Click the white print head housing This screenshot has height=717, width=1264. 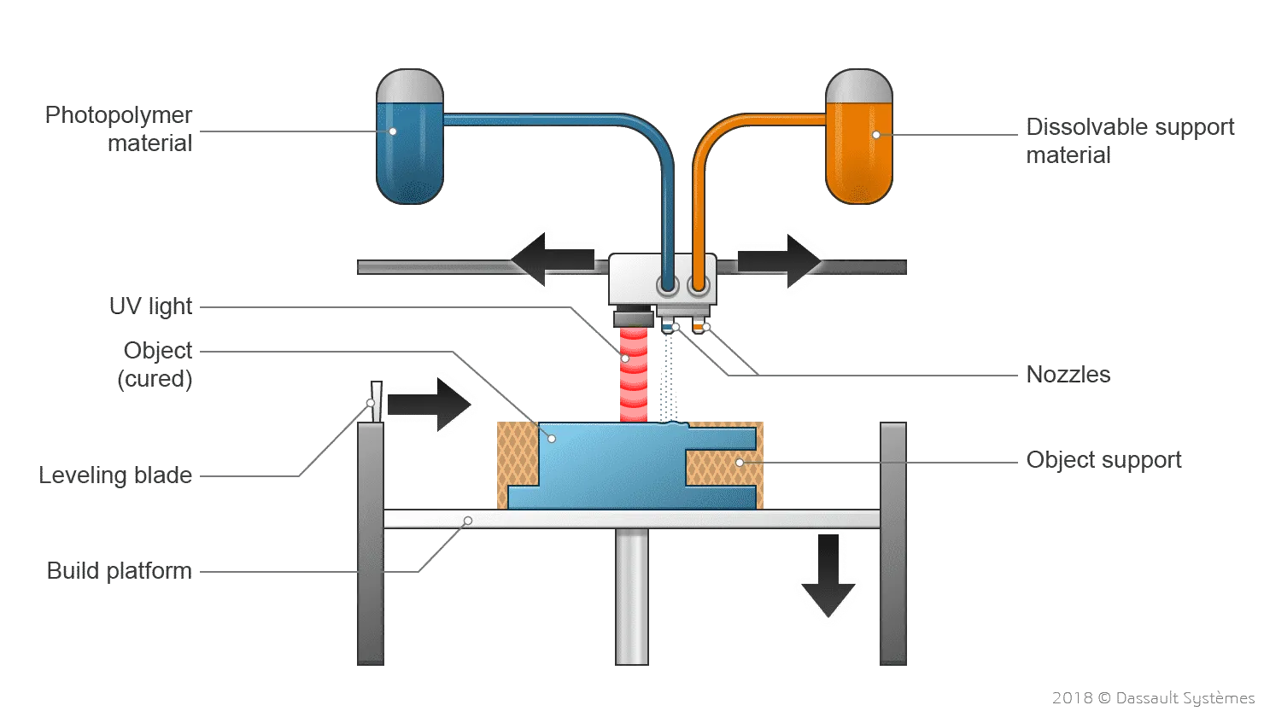click(x=636, y=277)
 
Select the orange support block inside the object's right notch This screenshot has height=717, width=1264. click(x=722, y=465)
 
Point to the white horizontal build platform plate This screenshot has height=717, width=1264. click(x=632, y=518)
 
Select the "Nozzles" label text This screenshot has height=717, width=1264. click(x=1068, y=374)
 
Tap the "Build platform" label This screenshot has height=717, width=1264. click(x=120, y=571)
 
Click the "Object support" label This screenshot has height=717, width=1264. click(x=1102, y=461)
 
